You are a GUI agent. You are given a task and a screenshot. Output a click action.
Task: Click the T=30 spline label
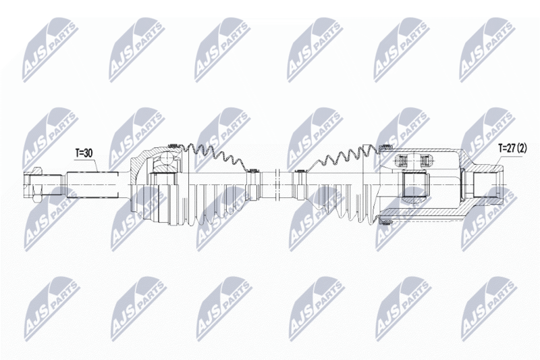tap(84, 153)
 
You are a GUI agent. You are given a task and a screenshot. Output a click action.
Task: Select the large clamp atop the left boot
tap(173, 147)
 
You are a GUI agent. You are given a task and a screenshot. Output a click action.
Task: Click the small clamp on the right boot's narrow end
tap(296, 175)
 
